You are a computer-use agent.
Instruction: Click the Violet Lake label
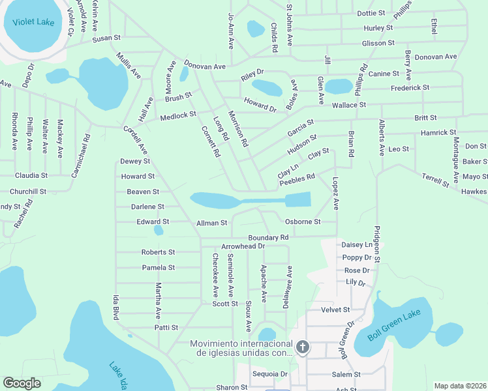pyautogui.click(x=29, y=22)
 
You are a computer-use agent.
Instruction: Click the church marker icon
pyautogui.click(x=302, y=347)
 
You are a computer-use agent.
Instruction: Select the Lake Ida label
pyautogui.click(x=120, y=375)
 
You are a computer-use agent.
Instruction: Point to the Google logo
pyautogui.click(x=22, y=383)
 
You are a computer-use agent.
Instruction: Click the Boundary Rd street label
pyautogui.click(x=267, y=238)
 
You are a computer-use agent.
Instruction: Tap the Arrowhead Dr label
pyautogui.click(x=243, y=246)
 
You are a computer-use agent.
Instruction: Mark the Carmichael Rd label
pyautogui.click(x=86, y=155)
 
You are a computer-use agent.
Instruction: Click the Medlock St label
pyautogui.click(x=178, y=115)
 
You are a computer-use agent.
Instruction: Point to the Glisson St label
pyautogui.click(x=378, y=43)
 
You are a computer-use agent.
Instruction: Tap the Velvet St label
pyautogui.click(x=337, y=310)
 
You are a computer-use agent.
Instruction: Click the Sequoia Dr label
pyautogui.click(x=271, y=374)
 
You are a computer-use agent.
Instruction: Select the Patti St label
pyautogui.click(x=166, y=327)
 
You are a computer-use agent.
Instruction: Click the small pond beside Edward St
pyautogui.click(x=159, y=230)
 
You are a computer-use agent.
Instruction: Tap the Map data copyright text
pyautogui.click(x=459, y=386)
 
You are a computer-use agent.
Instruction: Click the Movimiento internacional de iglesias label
pyautogui.click(x=241, y=348)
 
